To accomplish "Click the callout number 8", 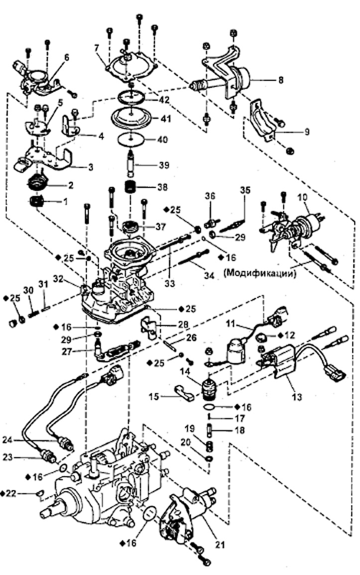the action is click(x=281, y=80).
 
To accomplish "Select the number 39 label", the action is click(x=164, y=165).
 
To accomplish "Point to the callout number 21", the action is click(x=220, y=545).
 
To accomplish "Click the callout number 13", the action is click(x=297, y=396).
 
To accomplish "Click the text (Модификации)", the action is click(x=259, y=273).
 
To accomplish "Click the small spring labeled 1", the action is click(x=37, y=201).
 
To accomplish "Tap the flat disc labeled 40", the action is click(x=131, y=140).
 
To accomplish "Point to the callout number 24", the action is click(x=7, y=439).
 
